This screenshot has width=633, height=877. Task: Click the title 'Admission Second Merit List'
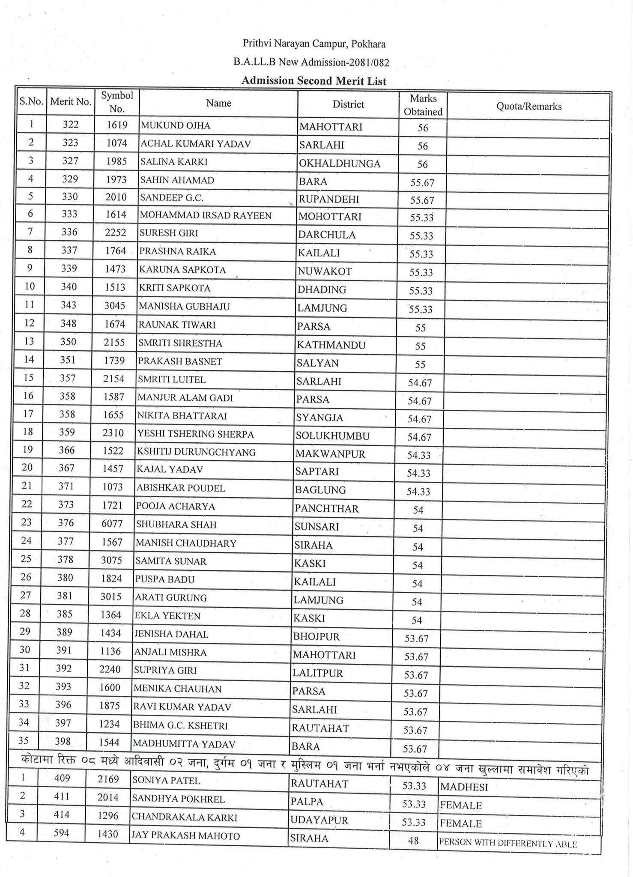314,81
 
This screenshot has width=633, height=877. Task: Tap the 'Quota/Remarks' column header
528,107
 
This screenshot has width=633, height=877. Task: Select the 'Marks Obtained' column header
423,105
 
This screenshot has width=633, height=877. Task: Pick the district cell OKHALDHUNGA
340,164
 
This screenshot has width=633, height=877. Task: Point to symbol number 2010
116,197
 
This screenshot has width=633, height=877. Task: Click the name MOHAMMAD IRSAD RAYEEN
206,215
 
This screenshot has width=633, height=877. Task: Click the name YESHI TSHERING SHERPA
195,434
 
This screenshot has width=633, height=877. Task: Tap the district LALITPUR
318,673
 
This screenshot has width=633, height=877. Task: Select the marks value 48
413,841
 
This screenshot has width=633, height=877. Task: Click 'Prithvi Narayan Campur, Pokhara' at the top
314,44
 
